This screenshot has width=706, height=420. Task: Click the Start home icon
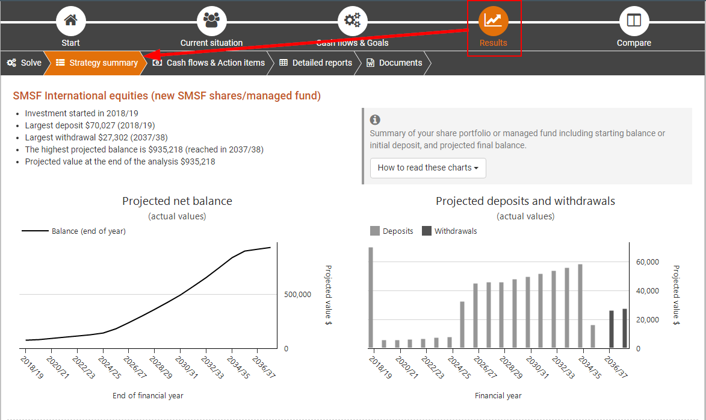70,20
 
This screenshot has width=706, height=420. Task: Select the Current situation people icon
211,20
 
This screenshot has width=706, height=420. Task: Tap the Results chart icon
493,20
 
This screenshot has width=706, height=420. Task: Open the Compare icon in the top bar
634,20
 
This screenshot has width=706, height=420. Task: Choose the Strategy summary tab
97,63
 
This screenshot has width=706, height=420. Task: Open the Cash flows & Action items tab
209,63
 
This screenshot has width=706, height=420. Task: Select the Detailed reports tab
316,63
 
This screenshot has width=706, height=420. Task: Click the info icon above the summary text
375,120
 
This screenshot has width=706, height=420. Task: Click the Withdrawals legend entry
449,231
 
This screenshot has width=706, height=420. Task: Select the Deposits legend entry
392,231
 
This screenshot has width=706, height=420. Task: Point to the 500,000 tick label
297,295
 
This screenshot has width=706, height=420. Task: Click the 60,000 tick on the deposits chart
648,262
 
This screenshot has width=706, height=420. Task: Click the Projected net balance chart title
177,201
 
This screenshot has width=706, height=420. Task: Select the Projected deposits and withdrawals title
525,201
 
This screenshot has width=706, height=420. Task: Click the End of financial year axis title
148,396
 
